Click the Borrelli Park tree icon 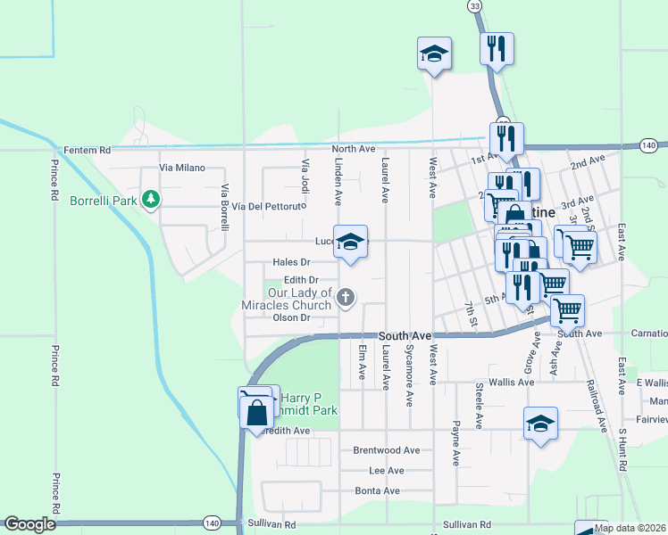click(152, 199)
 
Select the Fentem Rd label click(87, 150)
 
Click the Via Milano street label click(182, 168)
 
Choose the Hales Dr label click(291, 262)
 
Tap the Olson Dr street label click(291, 317)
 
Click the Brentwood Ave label click(386, 450)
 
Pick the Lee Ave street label click(387, 470)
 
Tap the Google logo click(29, 524)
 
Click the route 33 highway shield click(474, 6)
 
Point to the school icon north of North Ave click(434, 53)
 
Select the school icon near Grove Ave click(540, 424)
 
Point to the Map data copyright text click(630, 528)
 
